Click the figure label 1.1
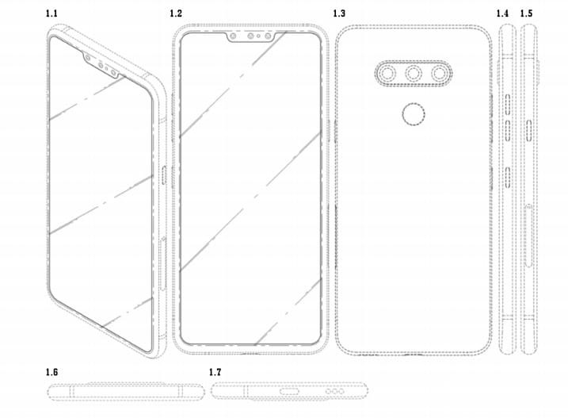point(51,13)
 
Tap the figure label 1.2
point(176,13)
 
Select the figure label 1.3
point(339,13)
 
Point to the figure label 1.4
point(502,13)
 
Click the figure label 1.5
point(526,13)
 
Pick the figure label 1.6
point(51,372)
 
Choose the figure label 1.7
point(215,372)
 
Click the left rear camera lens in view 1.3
point(387,74)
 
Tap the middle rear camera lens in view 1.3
point(414,74)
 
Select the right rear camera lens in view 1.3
point(440,74)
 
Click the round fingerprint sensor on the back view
point(414,114)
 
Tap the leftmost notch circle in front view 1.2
point(233,36)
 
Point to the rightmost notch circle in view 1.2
point(268,36)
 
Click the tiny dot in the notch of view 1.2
point(258,36)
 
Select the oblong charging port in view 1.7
point(289,391)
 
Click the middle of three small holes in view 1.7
point(335,392)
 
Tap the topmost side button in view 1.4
point(508,103)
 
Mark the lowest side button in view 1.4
point(508,178)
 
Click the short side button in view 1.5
point(529,130)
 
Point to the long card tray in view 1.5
point(528,236)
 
